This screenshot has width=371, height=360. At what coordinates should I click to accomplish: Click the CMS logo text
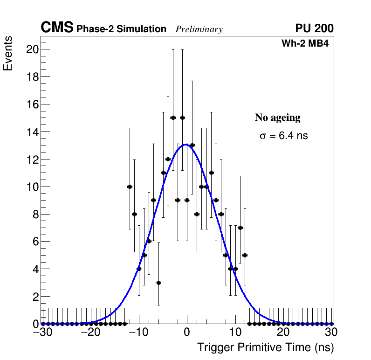57,28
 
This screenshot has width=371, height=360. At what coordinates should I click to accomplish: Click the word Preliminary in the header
199,29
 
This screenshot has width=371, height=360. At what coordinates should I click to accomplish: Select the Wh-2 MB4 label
305,44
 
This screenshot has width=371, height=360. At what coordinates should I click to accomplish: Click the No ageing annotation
277,118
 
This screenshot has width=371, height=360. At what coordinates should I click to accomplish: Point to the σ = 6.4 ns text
283,136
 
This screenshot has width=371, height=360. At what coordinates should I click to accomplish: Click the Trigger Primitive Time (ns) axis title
265,347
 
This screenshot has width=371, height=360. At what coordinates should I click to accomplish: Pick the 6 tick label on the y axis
34,242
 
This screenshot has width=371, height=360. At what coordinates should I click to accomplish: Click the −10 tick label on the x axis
138,332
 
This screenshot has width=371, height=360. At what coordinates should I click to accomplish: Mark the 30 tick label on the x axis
331,332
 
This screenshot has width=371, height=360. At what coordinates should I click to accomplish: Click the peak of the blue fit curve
186,145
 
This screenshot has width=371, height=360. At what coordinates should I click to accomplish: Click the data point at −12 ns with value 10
130,187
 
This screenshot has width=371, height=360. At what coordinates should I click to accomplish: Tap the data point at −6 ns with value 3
158,283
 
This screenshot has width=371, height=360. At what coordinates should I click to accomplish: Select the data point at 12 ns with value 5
245,255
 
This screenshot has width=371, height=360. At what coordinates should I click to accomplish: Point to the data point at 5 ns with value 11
211,173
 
